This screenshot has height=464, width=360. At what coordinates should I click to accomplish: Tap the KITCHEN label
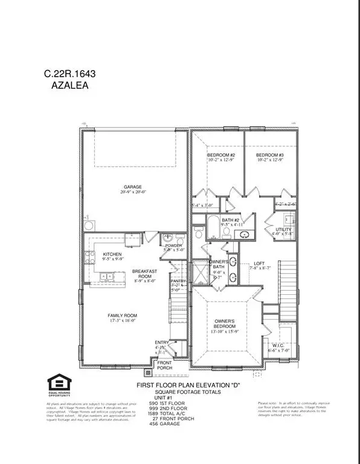click(113, 254)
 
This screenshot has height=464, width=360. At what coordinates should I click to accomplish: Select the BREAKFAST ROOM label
click(144, 274)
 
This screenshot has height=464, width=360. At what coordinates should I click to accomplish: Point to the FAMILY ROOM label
click(123, 315)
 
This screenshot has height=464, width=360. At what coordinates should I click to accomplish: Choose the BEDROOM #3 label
click(271, 155)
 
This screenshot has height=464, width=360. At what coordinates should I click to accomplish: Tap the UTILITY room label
click(284, 230)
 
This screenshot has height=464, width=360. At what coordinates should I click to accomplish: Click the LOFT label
click(260, 263)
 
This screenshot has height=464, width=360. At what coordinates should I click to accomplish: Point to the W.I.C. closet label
click(278, 344)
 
